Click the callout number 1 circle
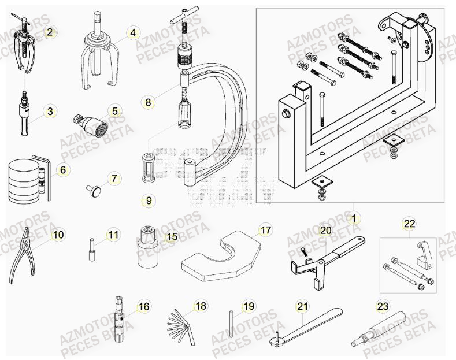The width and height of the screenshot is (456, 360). pos(351,218)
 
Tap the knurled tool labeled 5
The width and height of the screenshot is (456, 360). pos(93,123)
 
